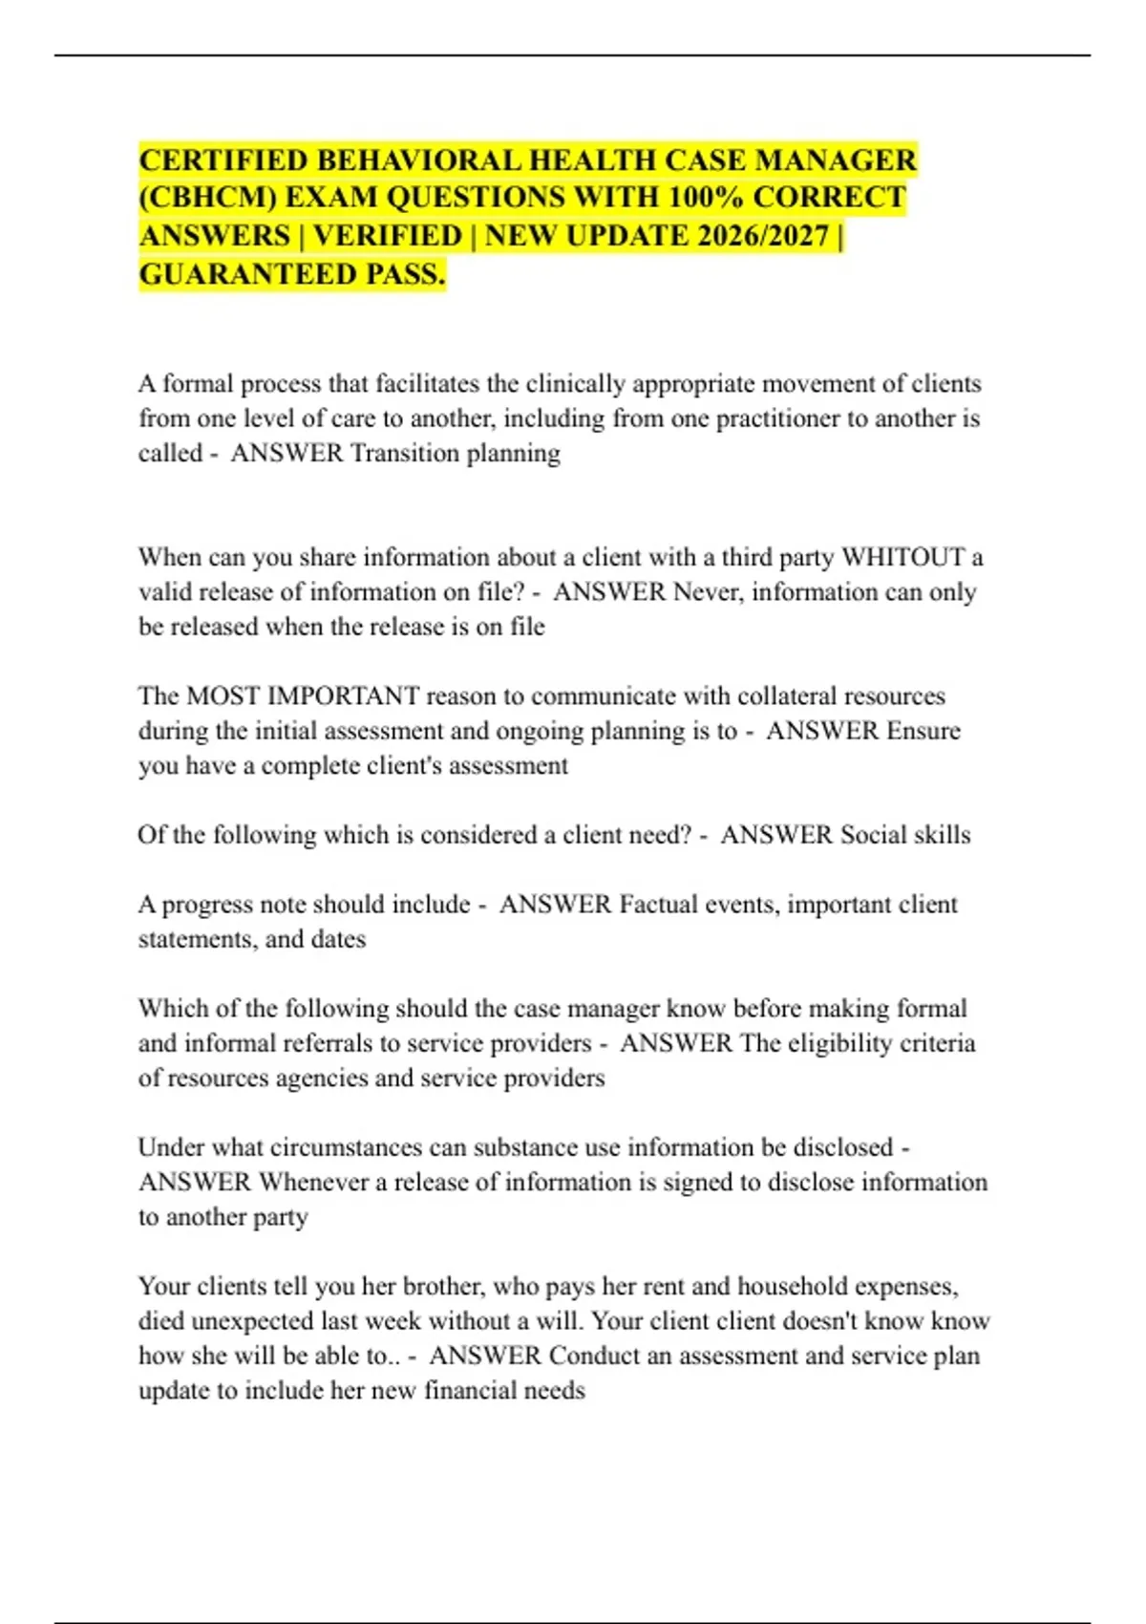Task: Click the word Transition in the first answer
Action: coord(404,453)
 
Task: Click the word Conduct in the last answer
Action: coord(594,1357)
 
